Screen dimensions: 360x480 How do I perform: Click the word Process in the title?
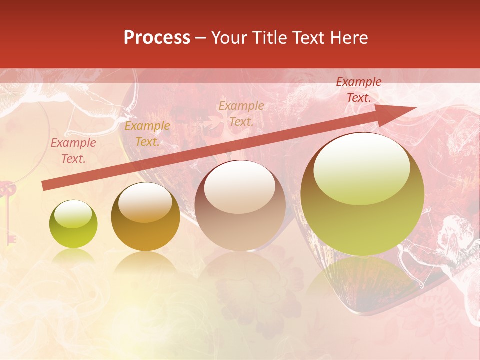[157, 38]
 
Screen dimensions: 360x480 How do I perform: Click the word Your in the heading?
[229, 38]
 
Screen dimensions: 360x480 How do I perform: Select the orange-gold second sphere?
[145, 217]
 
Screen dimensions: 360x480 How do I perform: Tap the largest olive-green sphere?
[362, 195]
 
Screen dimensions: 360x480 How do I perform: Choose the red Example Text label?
[359, 90]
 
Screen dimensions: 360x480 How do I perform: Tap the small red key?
[9, 210]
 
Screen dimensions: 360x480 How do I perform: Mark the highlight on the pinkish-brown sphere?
[240, 187]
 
